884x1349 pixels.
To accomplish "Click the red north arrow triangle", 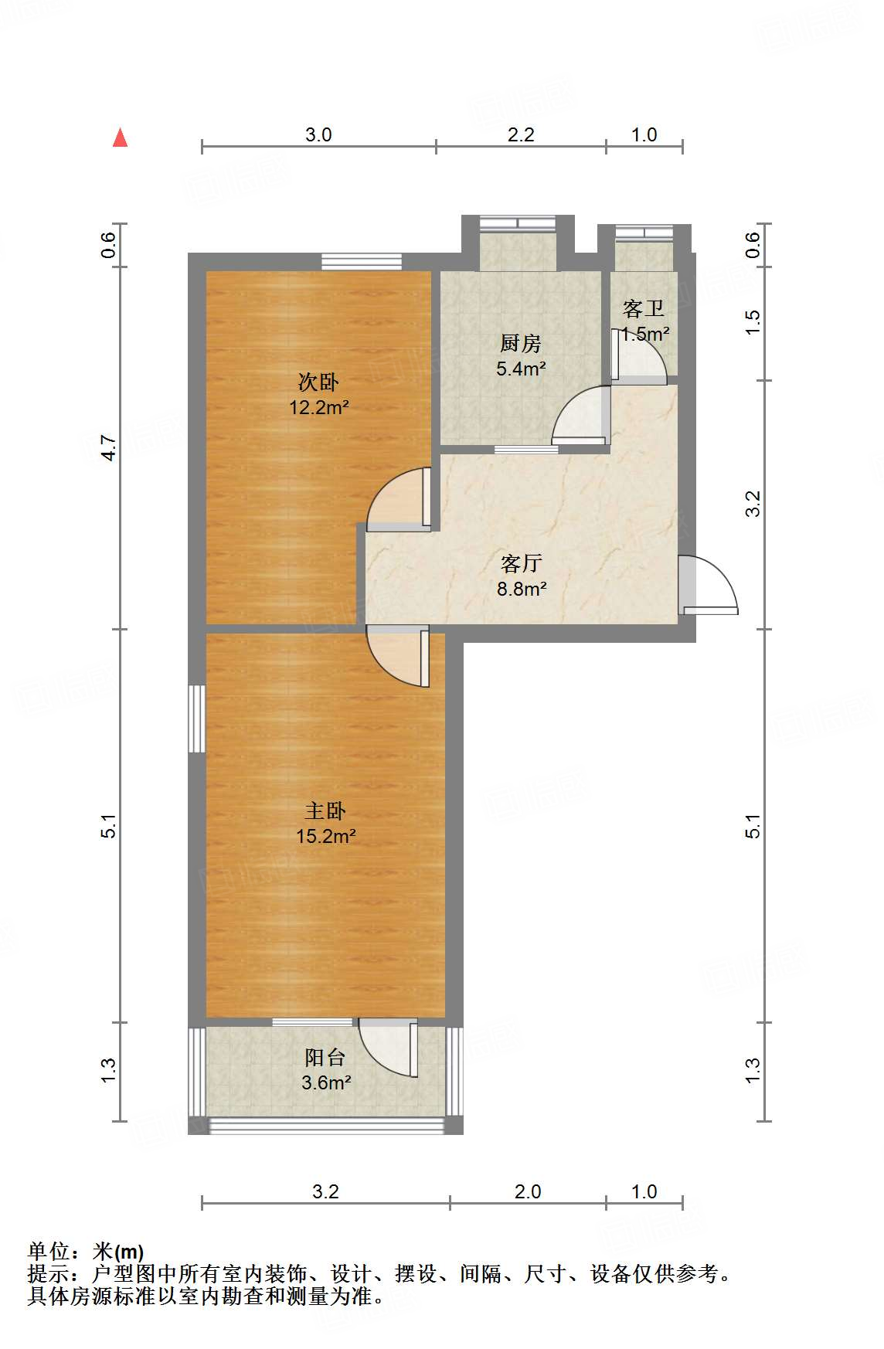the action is click(x=120, y=138).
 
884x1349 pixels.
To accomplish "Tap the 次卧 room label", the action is click(x=318, y=382).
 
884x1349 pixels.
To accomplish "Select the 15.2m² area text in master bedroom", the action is click(x=326, y=835).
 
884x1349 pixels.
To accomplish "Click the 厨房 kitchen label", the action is click(x=521, y=343).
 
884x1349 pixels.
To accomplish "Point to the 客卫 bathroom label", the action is click(x=644, y=309).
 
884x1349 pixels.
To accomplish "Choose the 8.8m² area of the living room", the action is click(x=522, y=589).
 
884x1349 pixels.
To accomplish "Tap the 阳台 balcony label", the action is click(x=325, y=1057).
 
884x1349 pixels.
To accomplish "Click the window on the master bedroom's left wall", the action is click(x=197, y=718).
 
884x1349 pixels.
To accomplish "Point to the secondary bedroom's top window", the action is click(x=362, y=262).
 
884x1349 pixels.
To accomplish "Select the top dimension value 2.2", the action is click(x=521, y=134).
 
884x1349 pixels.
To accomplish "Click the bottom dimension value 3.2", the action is click(x=325, y=1191).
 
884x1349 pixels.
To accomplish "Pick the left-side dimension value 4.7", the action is click(x=109, y=449).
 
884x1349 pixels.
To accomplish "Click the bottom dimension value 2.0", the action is click(x=528, y=1191).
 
